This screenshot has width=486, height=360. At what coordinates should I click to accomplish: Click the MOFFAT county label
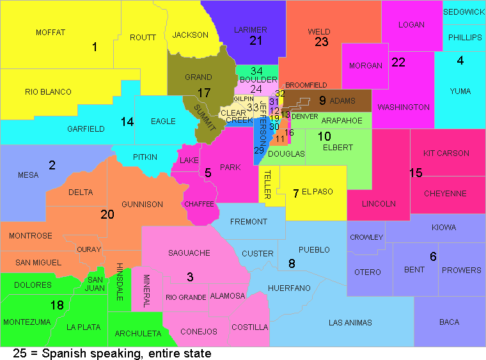click(x=51, y=32)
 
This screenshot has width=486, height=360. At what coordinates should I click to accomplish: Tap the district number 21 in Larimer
click(x=256, y=41)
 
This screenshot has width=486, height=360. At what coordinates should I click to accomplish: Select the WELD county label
click(x=319, y=31)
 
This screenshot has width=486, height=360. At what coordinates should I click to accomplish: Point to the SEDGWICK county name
click(x=464, y=12)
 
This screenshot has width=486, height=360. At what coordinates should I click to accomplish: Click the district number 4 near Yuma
click(x=460, y=61)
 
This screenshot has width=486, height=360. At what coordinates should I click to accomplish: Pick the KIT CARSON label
click(x=446, y=153)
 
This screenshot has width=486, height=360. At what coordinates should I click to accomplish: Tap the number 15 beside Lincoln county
click(x=416, y=173)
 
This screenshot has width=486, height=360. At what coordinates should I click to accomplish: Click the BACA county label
click(x=449, y=322)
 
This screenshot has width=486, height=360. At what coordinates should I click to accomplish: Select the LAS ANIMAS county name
click(x=350, y=322)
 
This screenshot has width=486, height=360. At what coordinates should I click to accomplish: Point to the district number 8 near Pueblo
click(x=292, y=263)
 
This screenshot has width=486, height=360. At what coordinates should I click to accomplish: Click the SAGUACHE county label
click(x=189, y=253)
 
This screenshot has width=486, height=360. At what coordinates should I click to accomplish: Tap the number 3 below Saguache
click(x=190, y=277)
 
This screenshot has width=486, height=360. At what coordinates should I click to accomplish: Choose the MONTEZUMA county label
click(x=26, y=322)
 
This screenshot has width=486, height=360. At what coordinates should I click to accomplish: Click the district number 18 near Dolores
click(x=57, y=306)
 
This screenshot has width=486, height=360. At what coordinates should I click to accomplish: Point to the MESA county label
click(x=28, y=175)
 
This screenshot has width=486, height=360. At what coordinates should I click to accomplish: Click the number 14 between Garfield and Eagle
click(x=127, y=121)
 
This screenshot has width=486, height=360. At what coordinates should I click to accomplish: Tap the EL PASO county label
click(x=317, y=192)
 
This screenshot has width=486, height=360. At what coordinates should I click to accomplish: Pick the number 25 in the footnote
click(x=20, y=353)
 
